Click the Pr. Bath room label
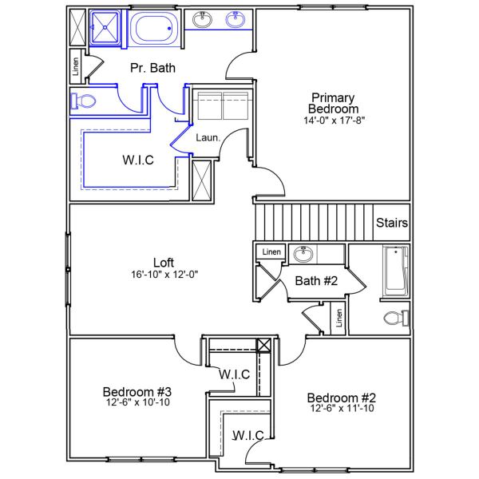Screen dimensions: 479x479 tap(152, 69)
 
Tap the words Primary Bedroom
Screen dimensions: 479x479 tap(335, 103)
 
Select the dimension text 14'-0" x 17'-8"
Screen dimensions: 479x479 tap(335, 121)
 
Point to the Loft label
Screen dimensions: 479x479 tap(164, 262)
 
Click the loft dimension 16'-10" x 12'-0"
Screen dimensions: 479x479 tap(164, 274)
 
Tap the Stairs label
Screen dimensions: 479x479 tap(392, 223)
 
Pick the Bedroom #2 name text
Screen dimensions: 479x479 tap(341, 398)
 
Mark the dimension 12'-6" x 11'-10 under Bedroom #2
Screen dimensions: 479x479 tap(341, 409)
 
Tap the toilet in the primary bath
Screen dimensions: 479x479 tap(82, 101)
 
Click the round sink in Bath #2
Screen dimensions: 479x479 tap(303, 255)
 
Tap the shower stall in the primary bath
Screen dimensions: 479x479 tap(104, 27)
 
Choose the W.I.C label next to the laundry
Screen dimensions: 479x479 tap(138, 160)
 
